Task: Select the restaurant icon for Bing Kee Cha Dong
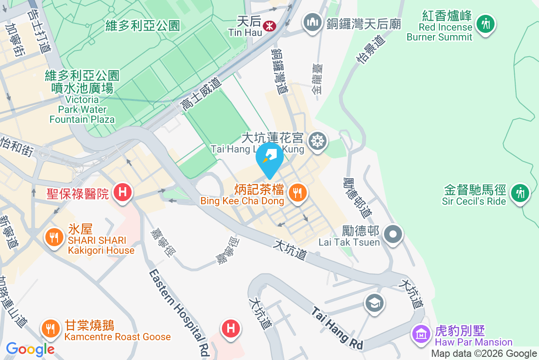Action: [297, 193]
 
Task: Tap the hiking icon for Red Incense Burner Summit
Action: [485, 22]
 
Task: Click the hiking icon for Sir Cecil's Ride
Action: [520, 193]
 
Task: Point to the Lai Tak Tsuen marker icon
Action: [393, 234]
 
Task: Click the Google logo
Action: [31, 349]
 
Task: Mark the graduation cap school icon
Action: [375, 303]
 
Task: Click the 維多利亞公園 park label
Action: [142, 25]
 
